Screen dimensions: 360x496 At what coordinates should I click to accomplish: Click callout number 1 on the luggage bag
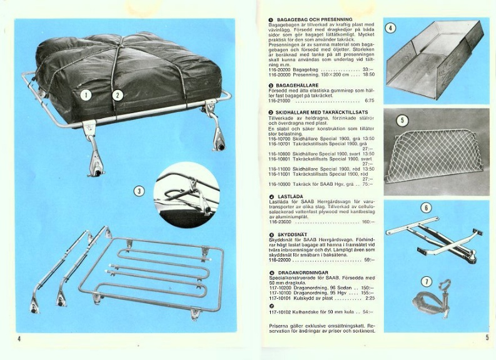(86, 95)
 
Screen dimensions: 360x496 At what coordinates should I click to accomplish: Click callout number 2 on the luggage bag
(117, 95)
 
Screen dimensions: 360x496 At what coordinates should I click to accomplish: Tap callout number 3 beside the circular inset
(140, 190)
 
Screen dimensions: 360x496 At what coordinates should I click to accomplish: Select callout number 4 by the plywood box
(390, 27)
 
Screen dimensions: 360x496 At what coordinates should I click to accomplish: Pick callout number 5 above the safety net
(402, 120)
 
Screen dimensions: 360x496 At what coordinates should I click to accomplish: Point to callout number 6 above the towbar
(426, 207)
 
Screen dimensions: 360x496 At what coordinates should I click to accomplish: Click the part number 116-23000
(281, 221)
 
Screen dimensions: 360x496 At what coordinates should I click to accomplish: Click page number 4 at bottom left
(19, 338)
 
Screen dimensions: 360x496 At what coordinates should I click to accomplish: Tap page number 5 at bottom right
(486, 338)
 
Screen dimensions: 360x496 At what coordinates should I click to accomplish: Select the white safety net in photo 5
(433, 155)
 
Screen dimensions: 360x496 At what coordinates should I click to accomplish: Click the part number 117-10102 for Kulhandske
(281, 311)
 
